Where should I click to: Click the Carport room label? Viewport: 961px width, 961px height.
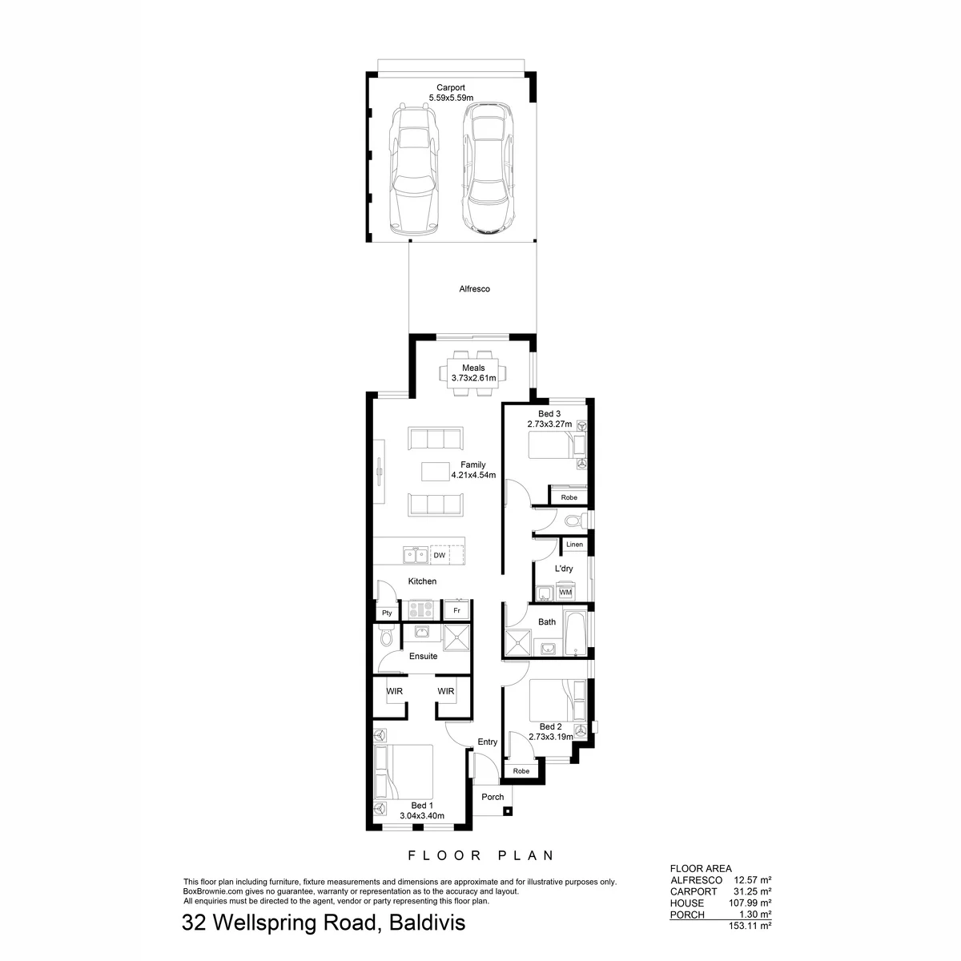pyautogui.click(x=450, y=88)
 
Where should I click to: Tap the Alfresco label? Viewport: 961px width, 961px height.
pyautogui.click(x=474, y=289)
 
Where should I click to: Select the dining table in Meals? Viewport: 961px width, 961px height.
pyautogui.click(x=472, y=373)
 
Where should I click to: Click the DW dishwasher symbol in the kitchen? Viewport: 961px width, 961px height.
pyautogui.click(x=440, y=555)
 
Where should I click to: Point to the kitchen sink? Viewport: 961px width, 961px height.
pyautogui.click(x=415, y=555)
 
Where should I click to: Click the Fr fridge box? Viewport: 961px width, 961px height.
pyautogui.click(x=456, y=610)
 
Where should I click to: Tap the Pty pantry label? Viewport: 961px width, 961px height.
pyautogui.click(x=387, y=613)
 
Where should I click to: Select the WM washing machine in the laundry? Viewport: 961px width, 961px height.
pyautogui.click(x=565, y=592)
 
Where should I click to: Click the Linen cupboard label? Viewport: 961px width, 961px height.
pyautogui.click(x=574, y=544)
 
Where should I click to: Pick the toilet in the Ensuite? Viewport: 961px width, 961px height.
pyautogui.click(x=387, y=637)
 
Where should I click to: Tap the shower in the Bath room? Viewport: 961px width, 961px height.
pyautogui.click(x=518, y=643)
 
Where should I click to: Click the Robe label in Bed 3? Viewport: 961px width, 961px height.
pyautogui.click(x=569, y=497)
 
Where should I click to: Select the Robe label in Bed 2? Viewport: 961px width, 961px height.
pyautogui.click(x=521, y=771)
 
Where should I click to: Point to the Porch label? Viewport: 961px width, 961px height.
pyautogui.click(x=493, y=797)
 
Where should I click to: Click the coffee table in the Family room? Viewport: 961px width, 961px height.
pyautogui.click(x=435, y=472)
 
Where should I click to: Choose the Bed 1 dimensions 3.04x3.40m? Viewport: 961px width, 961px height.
pyautogui.click(x=422, y=816)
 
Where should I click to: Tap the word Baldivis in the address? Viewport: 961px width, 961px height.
pyautogui.click(x=427, y=923)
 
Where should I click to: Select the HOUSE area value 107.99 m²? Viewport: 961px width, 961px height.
pyautogui.click(x=750, y=903)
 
